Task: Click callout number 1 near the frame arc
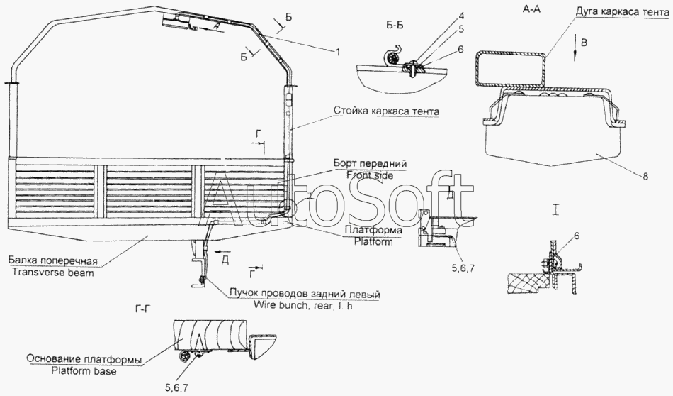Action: (x=338, y=51)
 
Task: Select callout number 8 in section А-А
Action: (x=645, y=177)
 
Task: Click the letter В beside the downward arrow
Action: (x=582, y=43)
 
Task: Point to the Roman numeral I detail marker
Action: (x=558, y=210)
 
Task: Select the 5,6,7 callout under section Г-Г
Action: (x=175, y=387)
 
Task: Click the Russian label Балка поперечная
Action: (x=57, y=259)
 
